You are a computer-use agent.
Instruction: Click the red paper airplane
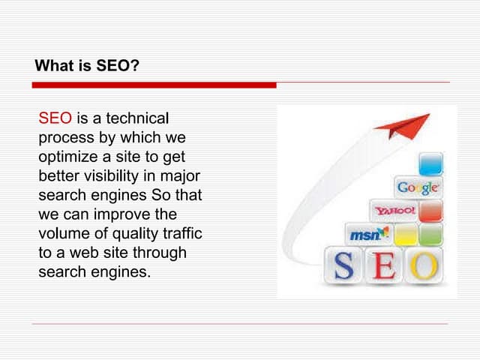click(x=404, y=126)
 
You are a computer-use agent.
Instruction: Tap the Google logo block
click(x=418, y=187)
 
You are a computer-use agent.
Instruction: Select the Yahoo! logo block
click(x=394, y=211)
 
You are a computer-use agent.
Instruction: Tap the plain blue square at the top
click(x=430, y=163)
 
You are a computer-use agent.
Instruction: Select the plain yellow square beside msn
click(x=406, y=235)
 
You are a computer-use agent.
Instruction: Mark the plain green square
click(x=430, y=235)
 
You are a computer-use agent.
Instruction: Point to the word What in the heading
click(x=55, y=66)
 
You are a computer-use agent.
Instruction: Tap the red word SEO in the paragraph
click(x=55, y=118)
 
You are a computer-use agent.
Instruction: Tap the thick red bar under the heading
click(x=154, y=85)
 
